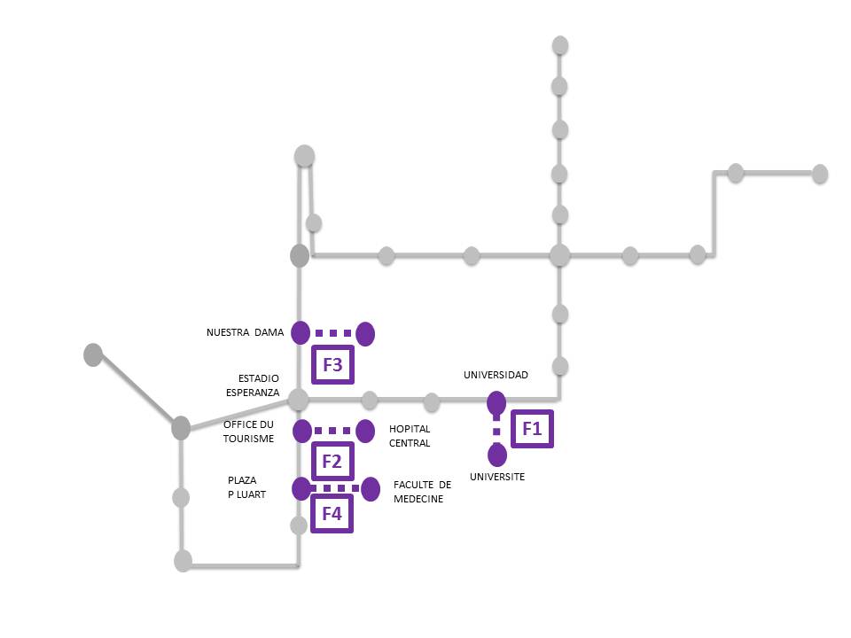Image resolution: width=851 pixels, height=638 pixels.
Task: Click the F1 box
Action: click(532, 429)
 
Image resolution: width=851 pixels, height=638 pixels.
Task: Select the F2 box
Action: click(332, 461)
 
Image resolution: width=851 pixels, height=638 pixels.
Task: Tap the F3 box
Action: click(332, 363)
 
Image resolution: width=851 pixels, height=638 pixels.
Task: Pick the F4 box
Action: click(332, 512)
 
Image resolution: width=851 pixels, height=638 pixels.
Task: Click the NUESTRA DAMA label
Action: click(245, 333)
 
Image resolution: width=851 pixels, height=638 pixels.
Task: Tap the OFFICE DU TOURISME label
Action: click(248, 432)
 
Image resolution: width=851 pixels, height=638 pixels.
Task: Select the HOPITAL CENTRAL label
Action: click(410, 436)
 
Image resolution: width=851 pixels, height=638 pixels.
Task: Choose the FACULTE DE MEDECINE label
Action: click(422, 492)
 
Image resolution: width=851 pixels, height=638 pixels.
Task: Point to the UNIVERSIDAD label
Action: click(496, 375)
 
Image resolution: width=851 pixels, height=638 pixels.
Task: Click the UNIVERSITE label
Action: click(497, 477)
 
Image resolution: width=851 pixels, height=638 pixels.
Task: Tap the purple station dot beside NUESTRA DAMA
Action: click(301, 333)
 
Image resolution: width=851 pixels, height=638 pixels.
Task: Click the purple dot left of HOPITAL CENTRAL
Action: click(364, 432)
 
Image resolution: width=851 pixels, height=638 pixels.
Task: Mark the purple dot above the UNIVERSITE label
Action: click(497, 455)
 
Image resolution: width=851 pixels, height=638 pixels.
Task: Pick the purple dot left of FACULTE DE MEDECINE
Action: click(370, 488)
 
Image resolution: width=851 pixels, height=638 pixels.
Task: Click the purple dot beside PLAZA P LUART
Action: click(301, 488)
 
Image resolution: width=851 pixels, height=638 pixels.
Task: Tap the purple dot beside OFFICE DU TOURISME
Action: click(302, 432)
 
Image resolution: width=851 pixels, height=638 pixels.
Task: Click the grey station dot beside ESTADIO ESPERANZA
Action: click(298, 399)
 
